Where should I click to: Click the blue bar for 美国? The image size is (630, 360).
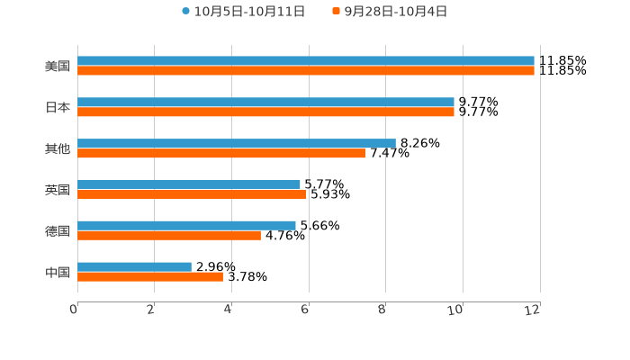(306, 61)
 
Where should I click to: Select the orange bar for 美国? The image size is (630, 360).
(306, 71)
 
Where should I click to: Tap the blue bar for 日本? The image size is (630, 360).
(265, 103)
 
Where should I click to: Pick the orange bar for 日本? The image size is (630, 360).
(265, 112)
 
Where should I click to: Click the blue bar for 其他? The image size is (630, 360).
(236, 143)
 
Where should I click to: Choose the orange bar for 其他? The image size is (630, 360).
(221, 154)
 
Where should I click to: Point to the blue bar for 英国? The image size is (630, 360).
(189, 184)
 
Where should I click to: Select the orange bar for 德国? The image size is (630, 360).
(169, 236)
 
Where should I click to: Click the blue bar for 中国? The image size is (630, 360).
(134, 266)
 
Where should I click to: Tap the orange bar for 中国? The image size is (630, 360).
(150, 277)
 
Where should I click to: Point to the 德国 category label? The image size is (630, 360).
(58, 231)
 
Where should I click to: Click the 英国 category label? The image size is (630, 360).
(58, 190)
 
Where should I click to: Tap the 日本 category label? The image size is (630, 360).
(58, 107)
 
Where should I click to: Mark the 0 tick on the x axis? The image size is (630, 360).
(75, 310)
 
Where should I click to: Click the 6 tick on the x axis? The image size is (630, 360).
(306, 310)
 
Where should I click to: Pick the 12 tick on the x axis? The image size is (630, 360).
(534, 310)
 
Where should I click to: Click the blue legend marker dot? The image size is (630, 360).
(185, 12)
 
